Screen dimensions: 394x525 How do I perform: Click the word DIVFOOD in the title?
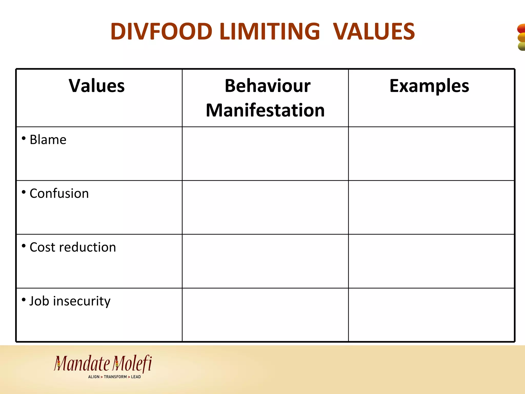(161, 32)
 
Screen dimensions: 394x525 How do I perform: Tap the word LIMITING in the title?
(270, 32)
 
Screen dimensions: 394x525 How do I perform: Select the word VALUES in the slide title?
(374, 32)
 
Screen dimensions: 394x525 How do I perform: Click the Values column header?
(97, 86)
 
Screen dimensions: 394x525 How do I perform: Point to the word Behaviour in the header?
(267, 86)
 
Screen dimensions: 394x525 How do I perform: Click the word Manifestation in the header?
(265, 110)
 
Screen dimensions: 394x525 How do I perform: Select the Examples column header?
(429, 86)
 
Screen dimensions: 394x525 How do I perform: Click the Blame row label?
(48, 140)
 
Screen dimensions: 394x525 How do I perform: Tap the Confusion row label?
(59, 193)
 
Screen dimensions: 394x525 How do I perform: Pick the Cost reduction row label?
(73, 247)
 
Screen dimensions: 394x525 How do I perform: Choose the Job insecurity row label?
(70, 301)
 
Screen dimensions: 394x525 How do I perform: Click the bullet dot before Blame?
(24, 139)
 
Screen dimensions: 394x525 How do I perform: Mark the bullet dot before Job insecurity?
(24, 300)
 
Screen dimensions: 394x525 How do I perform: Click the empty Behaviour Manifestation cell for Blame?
(265, 154)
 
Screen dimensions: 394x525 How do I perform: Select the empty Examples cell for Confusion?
(431, 207)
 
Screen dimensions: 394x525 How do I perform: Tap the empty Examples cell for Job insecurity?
(431, 315)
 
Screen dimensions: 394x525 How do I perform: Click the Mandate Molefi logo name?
(103, 364)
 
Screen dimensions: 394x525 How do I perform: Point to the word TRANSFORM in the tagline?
(115, 377)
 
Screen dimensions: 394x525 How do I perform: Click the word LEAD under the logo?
(136, 377)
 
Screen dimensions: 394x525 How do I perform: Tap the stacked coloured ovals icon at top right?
(521, 37)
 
